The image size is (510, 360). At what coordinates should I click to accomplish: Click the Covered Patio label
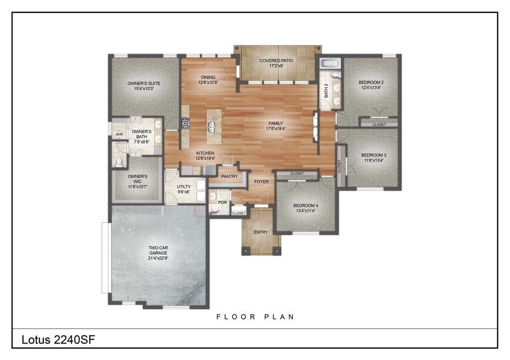(x=276, y=60)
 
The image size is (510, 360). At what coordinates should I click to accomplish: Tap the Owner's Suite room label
(x=143, y=83)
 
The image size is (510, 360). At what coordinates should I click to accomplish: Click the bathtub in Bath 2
(x=330, y=63)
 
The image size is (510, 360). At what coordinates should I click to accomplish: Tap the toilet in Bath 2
(x=336, y=75)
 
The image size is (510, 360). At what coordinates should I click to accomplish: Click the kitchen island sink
(x=211, y=130)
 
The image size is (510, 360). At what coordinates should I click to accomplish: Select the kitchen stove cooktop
(x=185, y=123)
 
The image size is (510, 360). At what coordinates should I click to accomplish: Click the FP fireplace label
(x=315, y=127)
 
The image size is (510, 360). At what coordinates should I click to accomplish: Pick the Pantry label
(x=229, y=176)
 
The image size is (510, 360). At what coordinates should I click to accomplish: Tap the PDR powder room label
(x=222, y=203)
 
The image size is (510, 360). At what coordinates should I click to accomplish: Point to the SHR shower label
(x=119, y=134)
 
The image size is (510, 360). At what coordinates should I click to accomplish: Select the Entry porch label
(x=260, y=232)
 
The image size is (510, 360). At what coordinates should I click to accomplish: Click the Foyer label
(x=261, y=182)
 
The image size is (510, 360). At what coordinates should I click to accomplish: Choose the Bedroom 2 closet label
(x=379, y=124)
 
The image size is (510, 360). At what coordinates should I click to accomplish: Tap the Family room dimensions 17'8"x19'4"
(x=275, y=128)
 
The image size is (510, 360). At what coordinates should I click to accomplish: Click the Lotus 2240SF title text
(x=58, y=340)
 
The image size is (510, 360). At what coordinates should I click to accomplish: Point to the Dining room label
(x=208, y=77)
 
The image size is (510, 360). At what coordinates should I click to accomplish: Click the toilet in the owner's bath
(x=119, y=162)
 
